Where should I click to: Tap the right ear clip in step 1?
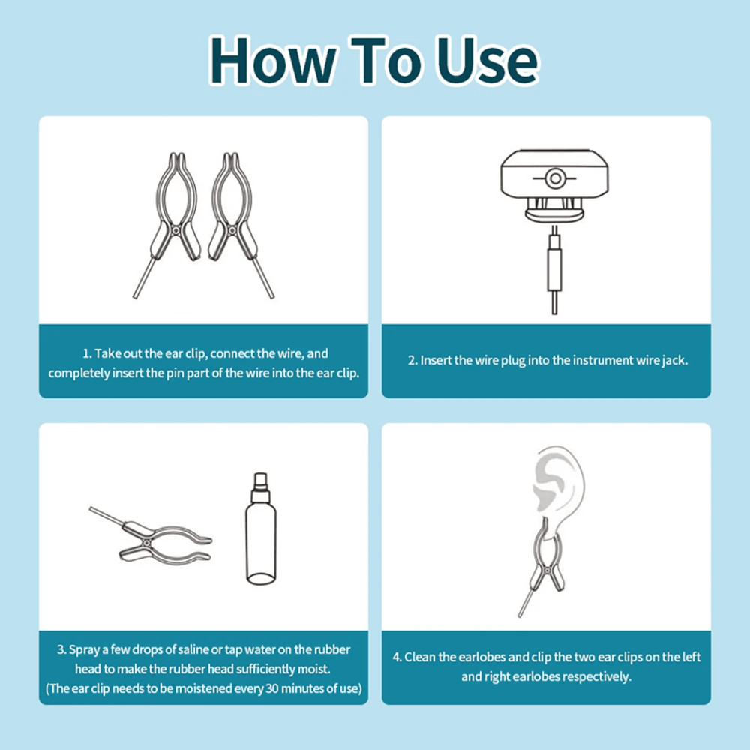233,217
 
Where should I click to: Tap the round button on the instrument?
554,178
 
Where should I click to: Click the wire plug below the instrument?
554,266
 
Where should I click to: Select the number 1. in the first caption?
87,353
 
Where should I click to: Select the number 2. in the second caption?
412,360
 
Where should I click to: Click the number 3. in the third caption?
61,649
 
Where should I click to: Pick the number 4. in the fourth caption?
397,657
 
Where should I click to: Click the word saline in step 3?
212,649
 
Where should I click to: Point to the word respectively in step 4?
593,676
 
